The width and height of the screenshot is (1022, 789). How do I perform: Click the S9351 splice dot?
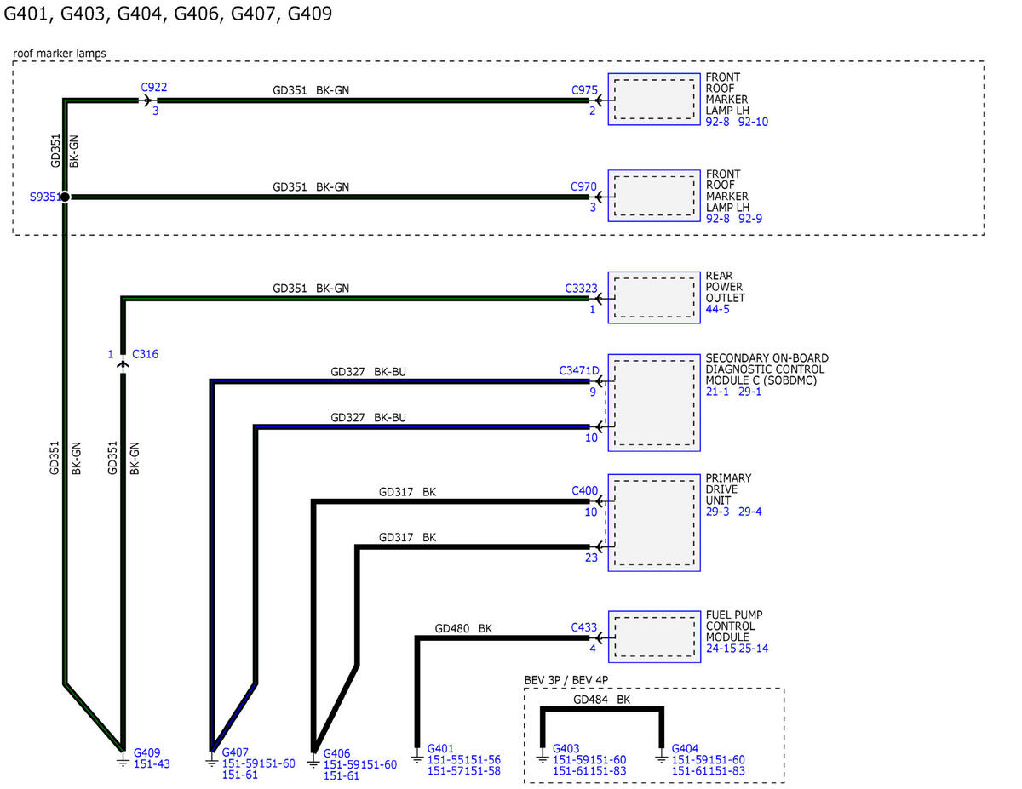[65, 197]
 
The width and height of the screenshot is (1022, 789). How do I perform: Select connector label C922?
[154, 88]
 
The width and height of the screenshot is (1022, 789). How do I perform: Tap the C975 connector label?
[584, 90]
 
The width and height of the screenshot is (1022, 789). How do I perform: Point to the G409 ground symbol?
[123, 761]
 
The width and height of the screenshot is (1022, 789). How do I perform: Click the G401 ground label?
[440, 749]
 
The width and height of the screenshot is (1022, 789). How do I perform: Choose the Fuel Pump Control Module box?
[654, 637]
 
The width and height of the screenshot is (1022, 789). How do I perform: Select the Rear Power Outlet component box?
[654, 297]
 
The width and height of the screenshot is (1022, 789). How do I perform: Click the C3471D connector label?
[579, 371]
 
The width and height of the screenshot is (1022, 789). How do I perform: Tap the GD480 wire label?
[452, 628]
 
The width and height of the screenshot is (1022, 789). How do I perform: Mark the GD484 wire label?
[590, 700]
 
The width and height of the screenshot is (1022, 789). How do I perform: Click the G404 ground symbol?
[661, 757]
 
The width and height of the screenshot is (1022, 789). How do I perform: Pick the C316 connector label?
[145, 354]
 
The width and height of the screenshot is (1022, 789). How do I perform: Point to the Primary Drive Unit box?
[654, 523]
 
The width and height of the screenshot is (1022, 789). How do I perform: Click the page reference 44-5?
[717, 309]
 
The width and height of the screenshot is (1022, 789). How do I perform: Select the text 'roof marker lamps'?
[60, 54]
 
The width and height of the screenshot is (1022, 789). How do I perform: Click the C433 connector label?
[583, 628]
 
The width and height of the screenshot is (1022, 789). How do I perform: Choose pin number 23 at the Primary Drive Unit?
[591, 557]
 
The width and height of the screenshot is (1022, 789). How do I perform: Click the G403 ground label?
[566, 749]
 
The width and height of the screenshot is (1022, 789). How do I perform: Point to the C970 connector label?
[583, 187]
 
